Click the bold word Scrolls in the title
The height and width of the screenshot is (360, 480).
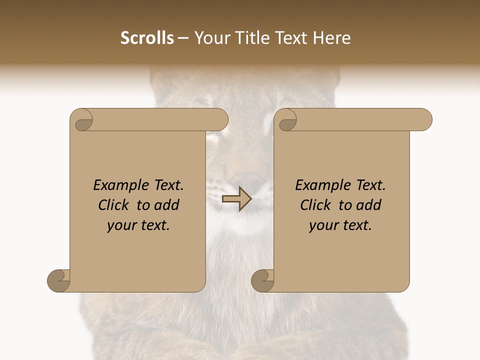pos(147,37)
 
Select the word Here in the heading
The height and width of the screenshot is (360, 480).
pos(332,37)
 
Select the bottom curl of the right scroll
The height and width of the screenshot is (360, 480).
pos(263,280)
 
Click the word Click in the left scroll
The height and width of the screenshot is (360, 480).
pos(113,205)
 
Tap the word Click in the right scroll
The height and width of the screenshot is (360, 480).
pos(315,205)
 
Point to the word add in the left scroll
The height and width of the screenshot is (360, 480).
pos(167,205)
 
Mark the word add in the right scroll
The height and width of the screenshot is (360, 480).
pos(369,205)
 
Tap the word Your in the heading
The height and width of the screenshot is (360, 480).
pos(210,37)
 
